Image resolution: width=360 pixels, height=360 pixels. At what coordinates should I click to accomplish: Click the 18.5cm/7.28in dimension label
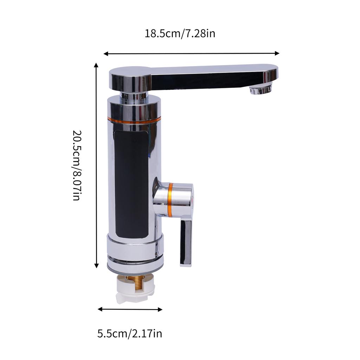180,33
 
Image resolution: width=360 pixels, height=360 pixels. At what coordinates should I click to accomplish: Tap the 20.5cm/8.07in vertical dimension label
77,165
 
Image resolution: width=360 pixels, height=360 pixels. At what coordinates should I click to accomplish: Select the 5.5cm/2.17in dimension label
130,333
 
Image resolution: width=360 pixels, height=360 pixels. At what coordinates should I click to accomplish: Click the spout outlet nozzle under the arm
261,90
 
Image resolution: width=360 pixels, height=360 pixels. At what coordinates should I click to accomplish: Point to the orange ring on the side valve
171,200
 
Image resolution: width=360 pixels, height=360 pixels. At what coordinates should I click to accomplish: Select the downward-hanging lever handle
186,243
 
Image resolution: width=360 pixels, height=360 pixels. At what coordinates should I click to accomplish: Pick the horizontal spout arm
211,76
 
